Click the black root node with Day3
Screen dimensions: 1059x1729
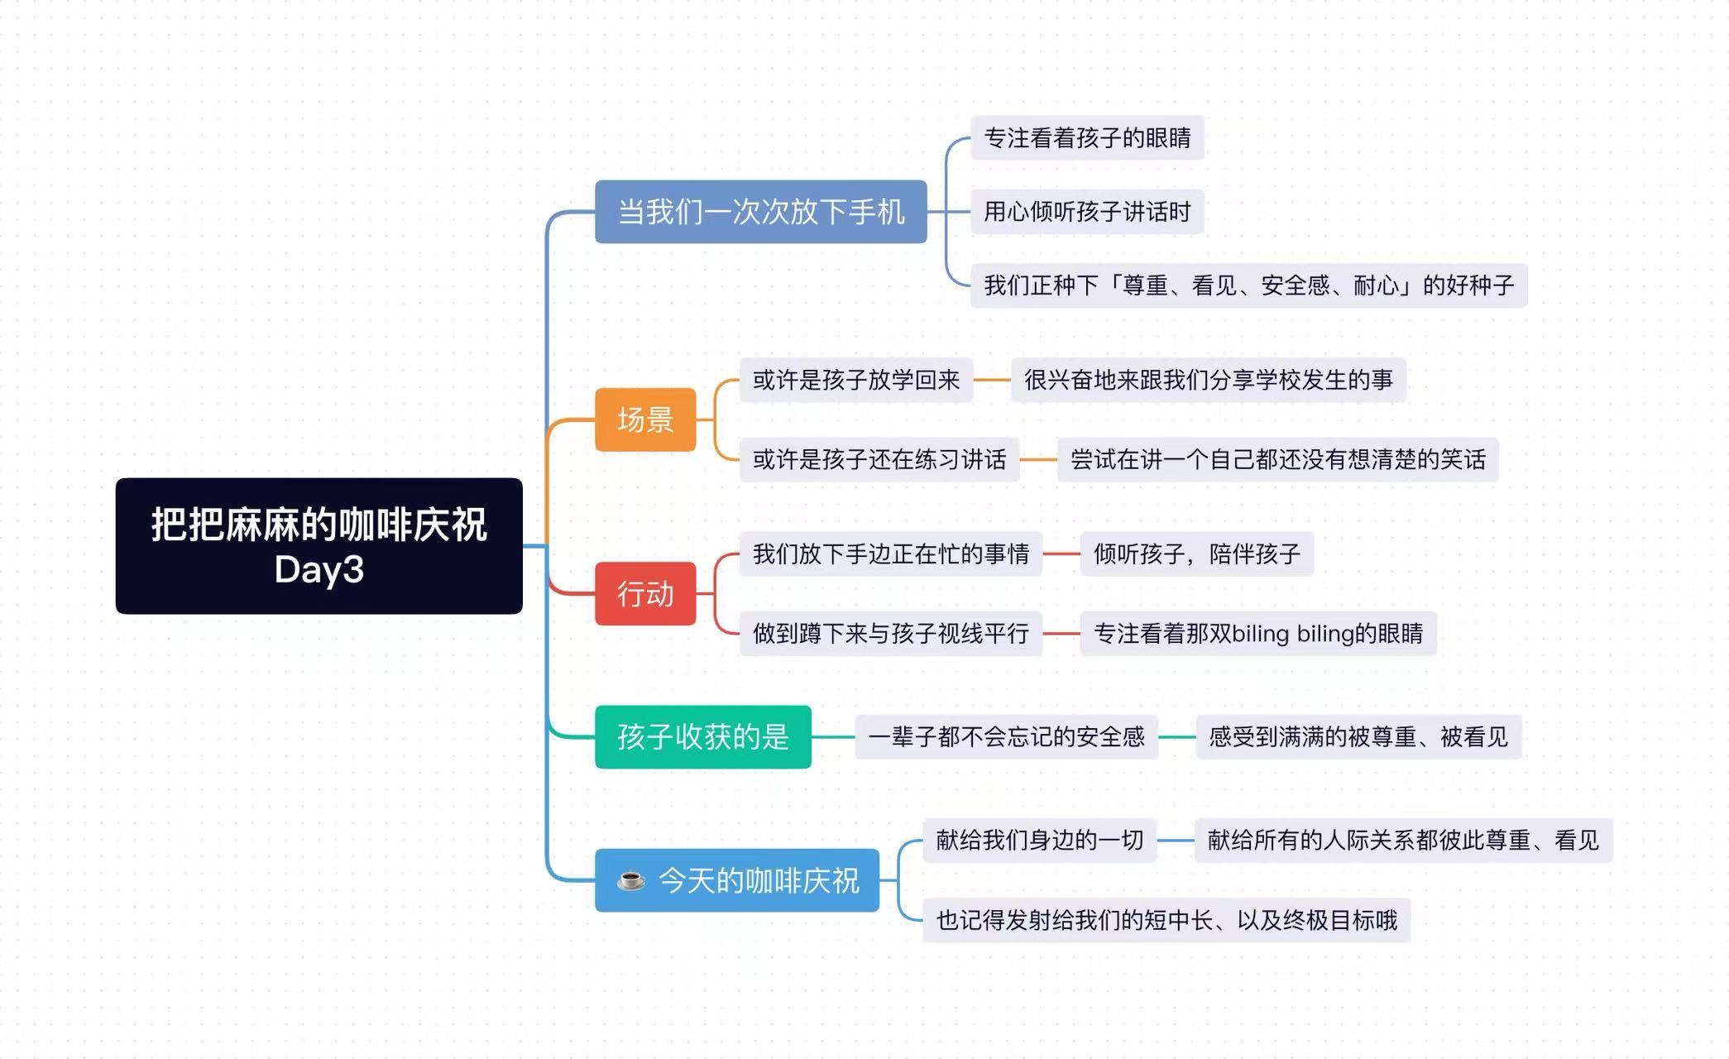coord(318,546)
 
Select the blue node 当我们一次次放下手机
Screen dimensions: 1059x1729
coord(760,212)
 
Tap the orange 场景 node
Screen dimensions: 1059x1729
coord(645,419)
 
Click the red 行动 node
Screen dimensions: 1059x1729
coord(645,594)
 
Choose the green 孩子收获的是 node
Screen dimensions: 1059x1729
coord(702,736)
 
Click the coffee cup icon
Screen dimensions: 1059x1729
coord(631,880)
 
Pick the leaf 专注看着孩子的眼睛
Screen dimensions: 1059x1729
coord(1086,137)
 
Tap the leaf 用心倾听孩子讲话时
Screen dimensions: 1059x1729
coord(1086,212)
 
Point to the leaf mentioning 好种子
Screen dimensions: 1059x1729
coord(1248,285)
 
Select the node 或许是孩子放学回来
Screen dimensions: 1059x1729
coord(855,380)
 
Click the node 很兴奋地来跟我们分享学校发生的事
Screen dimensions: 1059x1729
coord(1208,380)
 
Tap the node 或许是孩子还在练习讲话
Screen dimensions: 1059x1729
coord(879,459)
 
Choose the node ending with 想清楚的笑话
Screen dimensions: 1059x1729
coord(1277,459)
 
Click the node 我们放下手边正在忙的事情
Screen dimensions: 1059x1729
coord(890,553)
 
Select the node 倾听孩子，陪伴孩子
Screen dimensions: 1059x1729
coord(1196,553)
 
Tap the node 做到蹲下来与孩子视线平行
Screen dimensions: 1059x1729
coord(890,634)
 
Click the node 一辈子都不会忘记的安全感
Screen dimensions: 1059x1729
coord(1006,736)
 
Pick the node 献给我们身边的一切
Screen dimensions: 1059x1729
coord(1039,841)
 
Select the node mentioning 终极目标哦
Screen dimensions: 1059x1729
coord(1166,920)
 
